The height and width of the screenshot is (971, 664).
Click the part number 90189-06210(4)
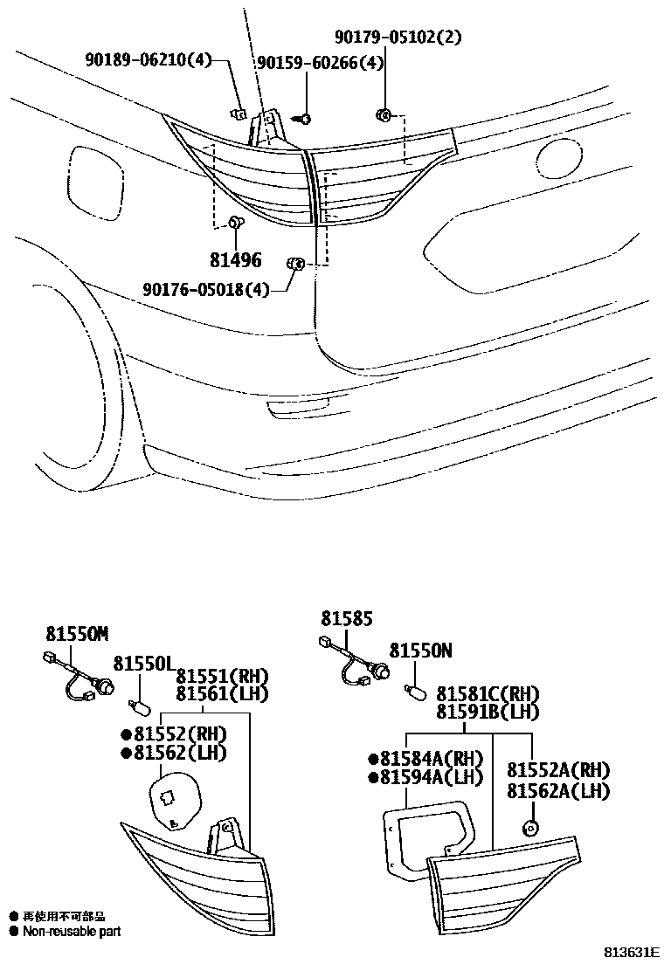(149, 60)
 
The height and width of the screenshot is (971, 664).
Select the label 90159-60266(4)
(319, 62)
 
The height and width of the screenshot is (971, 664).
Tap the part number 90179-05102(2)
(398, 37)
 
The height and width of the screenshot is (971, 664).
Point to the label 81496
(235, 260)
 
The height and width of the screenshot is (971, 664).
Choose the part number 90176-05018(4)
(206, 291)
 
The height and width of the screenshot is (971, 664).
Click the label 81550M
(77, 635)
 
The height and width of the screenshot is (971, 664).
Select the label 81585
(346, 618)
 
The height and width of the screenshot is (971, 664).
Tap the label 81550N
(421, 651)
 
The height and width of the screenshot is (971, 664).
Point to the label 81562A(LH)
(557, 791)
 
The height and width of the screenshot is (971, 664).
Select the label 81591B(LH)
(488, 713)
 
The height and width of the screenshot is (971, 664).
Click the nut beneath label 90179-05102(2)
(384, 114)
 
